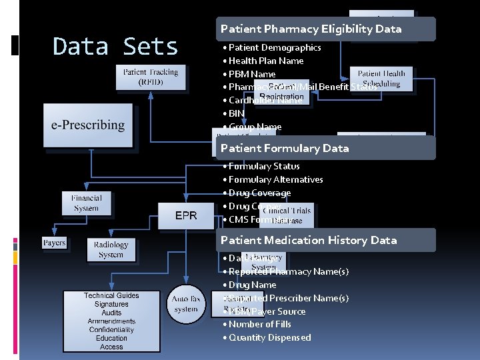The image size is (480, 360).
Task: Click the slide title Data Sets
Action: (x=115, y=47)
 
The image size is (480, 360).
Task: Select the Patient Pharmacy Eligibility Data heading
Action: (x=311, y=29)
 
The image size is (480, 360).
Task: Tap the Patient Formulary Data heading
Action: (x=285, y=148)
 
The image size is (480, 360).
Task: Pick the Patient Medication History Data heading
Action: (x=309, y=240)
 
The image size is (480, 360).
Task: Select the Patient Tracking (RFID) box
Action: (x=150, y=77)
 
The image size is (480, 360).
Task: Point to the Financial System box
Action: (x=87, y=203)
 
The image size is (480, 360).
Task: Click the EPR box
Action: (x=186, y=215)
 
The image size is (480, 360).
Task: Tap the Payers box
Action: (x=54, y=243)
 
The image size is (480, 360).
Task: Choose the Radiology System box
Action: (x=111, y=249)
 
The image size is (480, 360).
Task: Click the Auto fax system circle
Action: (x=185, y=304)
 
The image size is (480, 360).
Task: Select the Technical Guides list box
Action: (x=111, y=321)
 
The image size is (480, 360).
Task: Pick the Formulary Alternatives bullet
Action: (x=275, y=179)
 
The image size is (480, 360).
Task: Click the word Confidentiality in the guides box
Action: (x=111, y=329)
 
